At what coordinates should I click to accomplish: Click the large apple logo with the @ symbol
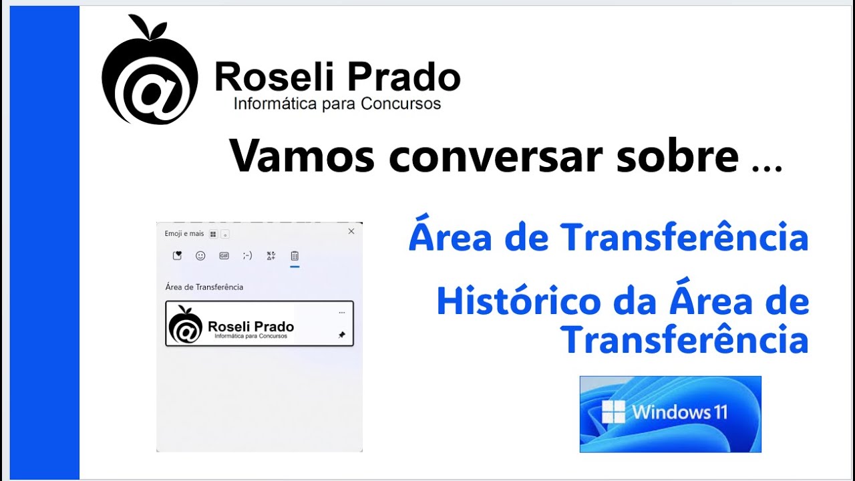tap(150, 73)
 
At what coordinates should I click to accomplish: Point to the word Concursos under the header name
tap(401, 104)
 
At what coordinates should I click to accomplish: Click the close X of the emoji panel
tap(351, 231)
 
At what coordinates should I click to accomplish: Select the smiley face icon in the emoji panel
tap(200, 255)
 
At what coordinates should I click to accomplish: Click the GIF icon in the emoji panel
tap(224, 255)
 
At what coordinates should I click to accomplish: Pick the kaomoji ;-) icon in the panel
tap(247, 255)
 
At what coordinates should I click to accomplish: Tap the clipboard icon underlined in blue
tap(295, 256)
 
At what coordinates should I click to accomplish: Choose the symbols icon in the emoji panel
tap(271, 255)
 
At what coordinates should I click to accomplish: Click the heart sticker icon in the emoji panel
tap(177, 255)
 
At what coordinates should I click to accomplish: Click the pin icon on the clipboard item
tap(342, 335)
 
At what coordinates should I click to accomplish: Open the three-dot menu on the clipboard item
tap(342, 313)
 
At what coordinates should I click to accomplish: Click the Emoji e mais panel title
tap(184, 234)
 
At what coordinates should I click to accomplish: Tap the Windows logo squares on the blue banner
tap(613, 412)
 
